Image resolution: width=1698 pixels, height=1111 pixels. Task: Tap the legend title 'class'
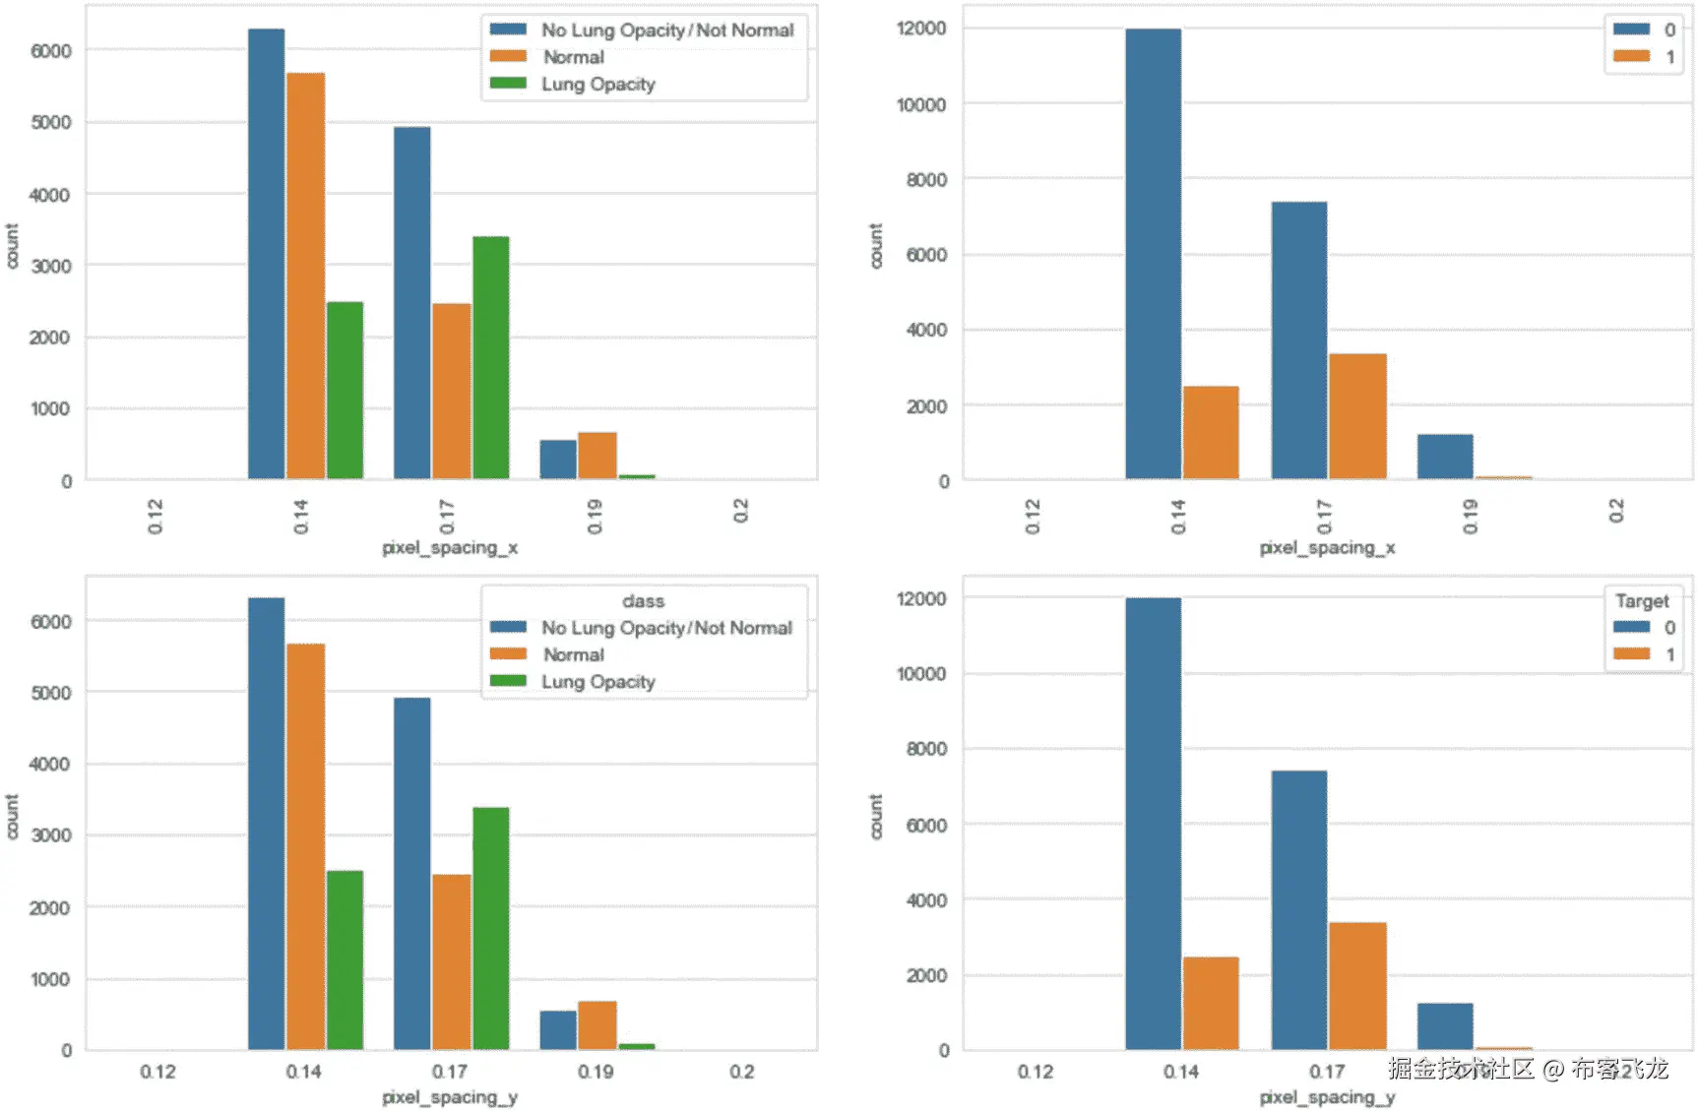(643, 601)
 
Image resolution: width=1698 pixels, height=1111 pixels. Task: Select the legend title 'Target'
(1642, 601)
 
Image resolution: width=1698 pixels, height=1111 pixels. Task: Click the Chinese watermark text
(1528, 1069)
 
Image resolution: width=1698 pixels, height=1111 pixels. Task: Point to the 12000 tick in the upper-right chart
(921, 29)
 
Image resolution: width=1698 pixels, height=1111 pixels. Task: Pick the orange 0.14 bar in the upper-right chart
(1211, 433)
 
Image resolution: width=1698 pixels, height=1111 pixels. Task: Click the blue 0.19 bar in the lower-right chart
(1445, 1026)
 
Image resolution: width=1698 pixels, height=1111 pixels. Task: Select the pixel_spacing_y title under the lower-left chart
(450, 1097)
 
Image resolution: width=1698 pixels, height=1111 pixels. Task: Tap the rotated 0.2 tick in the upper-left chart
(741, 511)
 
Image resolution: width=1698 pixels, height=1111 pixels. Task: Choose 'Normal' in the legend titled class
(574, 655)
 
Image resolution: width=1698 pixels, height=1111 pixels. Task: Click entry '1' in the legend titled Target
(1669, 655)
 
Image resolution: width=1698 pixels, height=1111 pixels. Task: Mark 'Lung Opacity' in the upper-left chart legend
(597, 85)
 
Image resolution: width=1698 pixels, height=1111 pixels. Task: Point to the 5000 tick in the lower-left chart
(50, 693)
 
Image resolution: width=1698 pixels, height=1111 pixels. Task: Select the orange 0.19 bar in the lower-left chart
(597, 1025)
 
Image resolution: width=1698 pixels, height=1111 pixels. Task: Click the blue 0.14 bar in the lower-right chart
(1153, 824)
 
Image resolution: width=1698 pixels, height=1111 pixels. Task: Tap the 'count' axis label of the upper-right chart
(876, 245)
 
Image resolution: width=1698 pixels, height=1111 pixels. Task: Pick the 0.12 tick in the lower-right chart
(1035, 1072)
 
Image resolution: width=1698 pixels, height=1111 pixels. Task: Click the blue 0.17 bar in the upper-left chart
(412, 303)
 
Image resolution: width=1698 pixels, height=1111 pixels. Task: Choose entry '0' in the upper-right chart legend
(1669, 30)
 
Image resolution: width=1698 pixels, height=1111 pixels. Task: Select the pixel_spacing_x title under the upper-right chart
(1327, 548)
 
